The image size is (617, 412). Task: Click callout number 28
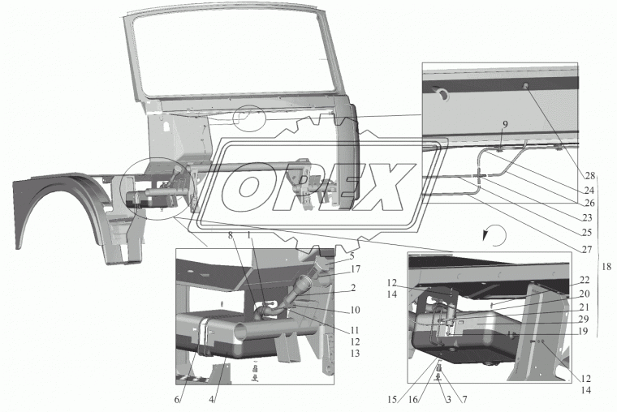(589, 176)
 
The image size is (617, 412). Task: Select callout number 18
(606, 267)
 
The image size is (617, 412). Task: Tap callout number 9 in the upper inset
(505, 125)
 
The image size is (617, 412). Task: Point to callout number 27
(587, 249)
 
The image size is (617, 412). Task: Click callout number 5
(352, 256)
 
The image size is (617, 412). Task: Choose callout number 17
(356, 269)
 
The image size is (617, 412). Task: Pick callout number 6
(177, 399)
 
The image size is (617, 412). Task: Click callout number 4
(211, 399)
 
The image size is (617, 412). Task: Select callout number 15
(391, 400)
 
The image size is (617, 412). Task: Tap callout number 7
(464, 400)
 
